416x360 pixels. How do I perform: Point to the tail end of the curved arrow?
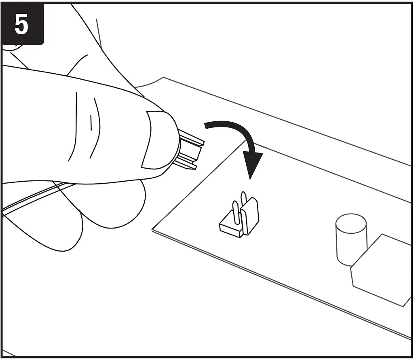click(207, 126)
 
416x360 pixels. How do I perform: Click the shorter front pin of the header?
click(236, 212)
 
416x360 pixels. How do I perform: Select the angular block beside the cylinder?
click(382, 269)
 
